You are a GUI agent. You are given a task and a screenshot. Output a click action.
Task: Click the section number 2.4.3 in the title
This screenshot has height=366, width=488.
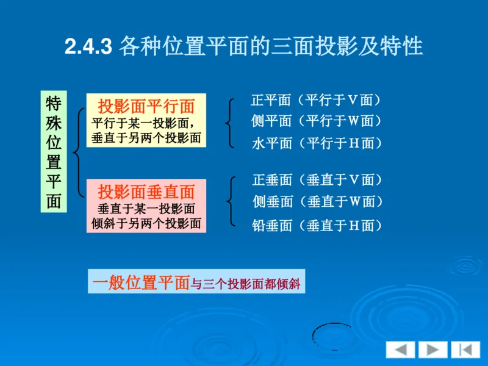[88, 47]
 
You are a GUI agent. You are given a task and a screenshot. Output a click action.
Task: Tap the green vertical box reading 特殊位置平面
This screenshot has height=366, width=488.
[53, 152]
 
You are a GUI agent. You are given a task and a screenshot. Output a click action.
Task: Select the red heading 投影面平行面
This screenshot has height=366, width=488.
[146, 106]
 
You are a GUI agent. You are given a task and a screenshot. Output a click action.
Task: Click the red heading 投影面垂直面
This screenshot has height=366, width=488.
[146, 192]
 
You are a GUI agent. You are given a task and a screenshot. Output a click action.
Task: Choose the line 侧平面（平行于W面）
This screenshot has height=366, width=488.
[317, 121]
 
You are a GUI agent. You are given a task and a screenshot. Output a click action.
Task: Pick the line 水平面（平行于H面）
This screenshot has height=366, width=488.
[317, 143]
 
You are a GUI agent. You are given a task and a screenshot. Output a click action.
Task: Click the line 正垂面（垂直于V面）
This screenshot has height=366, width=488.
[317, 179]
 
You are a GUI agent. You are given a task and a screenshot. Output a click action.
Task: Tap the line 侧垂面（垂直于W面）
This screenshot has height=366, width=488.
[317, 201]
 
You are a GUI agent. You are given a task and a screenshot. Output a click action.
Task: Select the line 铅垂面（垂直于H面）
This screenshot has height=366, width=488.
[317, 226]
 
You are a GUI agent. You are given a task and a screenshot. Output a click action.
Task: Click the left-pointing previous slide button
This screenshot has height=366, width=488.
[400, 350]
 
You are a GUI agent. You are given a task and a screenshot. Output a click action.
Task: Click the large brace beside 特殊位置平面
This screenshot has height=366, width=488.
[77, 151]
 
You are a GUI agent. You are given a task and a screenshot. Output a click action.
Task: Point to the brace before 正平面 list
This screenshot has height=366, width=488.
[229, 122]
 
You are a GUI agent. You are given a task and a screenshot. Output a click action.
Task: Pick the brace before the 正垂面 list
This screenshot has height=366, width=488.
[230, 201]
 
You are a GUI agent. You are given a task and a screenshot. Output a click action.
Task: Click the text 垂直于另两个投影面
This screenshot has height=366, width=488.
[146, 137]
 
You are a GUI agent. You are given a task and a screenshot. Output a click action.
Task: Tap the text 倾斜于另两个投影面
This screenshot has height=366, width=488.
[146, 223]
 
